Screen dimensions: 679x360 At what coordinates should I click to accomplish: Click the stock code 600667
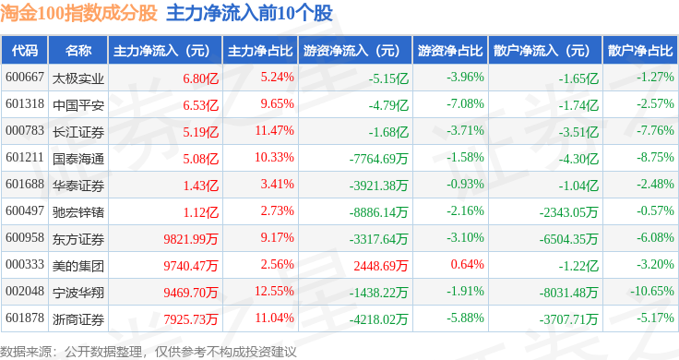(x=25, y=78)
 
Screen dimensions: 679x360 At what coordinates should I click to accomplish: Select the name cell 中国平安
(x=78, y=105)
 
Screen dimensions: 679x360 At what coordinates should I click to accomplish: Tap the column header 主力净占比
(x=260, y=51)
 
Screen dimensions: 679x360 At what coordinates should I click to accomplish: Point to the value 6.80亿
(x=200, y=78)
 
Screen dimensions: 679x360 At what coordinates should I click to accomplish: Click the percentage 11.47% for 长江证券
(x=274, y=130)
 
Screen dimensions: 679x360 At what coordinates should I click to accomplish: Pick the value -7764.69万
(x=378, y=159)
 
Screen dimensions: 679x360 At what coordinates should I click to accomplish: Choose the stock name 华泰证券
(x=78, y=186)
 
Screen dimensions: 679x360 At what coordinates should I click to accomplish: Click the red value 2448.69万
(x=381, y=266)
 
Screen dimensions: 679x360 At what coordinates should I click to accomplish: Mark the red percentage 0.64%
(x=467, y=264)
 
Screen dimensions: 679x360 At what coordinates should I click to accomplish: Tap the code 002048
(x=25, y=291)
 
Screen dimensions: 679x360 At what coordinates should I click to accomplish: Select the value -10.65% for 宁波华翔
(x=651, y=291)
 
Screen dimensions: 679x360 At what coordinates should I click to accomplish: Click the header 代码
(x=25, y=51)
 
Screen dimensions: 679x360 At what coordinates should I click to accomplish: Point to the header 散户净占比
(x=640, y=51)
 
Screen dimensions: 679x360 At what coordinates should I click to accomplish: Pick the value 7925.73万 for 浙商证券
(x=191, y=319)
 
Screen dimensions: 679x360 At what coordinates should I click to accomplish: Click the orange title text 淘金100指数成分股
(x=78, y=13)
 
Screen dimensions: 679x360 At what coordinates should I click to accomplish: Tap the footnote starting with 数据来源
(x=149, y=352)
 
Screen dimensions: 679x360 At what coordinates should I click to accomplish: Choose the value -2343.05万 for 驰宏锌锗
(x=568, y=212)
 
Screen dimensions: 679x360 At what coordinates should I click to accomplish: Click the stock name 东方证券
(x=78, y=239)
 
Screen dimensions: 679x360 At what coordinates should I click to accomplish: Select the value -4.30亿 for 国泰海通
(x=578, y=159)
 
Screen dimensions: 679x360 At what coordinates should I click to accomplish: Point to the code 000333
(x=25, y=264)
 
